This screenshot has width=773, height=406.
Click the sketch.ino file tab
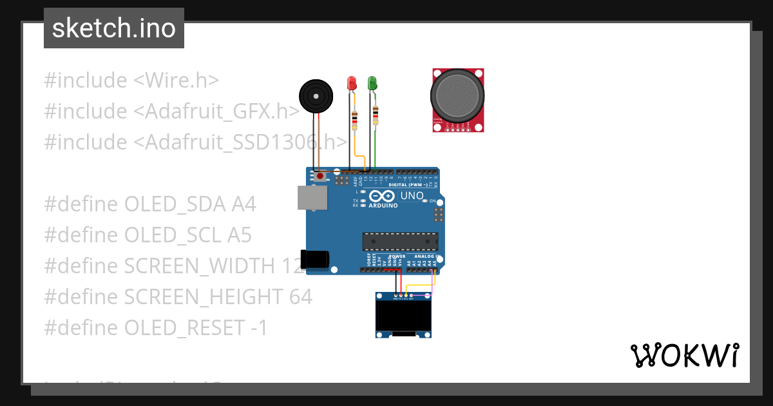point(113,28)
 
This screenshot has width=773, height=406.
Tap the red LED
point(352,84)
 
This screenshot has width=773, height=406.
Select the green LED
point(372,83)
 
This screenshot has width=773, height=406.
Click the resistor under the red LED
point(354,119)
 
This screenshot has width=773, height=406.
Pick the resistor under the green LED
point(376,116)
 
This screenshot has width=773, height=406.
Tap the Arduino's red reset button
point(320,175)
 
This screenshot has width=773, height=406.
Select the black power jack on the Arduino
point(316,258)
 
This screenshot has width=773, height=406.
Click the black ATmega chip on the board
point(400,241)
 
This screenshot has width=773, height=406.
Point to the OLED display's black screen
point(403,316)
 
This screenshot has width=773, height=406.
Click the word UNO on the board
point(412,195)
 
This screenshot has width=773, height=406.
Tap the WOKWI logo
point(684,355)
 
